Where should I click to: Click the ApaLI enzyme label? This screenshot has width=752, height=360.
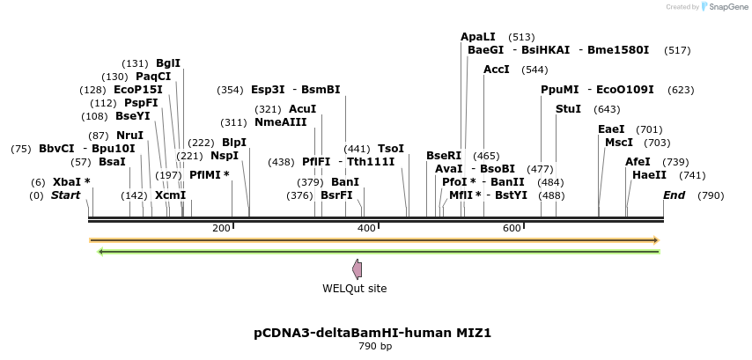click(478, 37)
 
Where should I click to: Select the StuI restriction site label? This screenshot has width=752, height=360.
click(568, 109)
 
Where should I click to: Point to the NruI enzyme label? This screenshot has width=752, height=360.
click(129, 136)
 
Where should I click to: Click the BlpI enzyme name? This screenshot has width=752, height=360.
click(233, 143)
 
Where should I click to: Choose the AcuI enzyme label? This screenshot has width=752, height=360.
click(302, 109)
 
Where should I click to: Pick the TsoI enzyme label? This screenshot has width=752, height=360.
click(390, 149)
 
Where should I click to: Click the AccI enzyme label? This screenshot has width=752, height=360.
click(497, 70)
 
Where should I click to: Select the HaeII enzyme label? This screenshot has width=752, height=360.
click(643, 175)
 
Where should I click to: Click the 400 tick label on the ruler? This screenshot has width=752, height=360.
click(365, 228)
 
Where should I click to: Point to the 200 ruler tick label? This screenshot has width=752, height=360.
click(221, 228)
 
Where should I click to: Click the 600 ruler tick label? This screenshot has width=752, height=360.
click(512, 228)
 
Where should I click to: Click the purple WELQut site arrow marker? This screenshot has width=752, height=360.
click(357, 269)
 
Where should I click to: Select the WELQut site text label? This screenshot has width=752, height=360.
click(354, 289)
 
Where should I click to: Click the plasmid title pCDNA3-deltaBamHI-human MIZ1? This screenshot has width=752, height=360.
click(372, 334)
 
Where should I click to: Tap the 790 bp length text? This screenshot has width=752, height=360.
click(375, 347)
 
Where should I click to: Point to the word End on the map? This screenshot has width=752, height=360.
click(674, 195)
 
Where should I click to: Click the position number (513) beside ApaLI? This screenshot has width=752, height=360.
click(521, 37)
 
